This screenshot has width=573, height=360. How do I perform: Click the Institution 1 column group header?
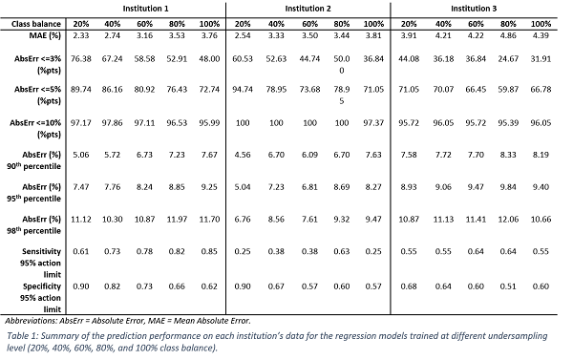(145, 9)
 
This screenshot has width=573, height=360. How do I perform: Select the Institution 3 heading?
(474, 9)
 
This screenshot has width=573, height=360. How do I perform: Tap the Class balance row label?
(36, 24)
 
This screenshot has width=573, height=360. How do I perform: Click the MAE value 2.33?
(81, 35)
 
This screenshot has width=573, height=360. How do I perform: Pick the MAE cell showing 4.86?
(508, 35)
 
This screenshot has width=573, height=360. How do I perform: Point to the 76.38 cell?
(81, 59)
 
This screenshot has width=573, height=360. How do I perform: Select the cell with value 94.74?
(243, 90)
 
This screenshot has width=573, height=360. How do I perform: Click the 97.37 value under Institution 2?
(373, 123)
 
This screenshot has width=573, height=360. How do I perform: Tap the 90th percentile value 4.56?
(243, 155)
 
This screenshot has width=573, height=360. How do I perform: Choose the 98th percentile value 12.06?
(508, 220)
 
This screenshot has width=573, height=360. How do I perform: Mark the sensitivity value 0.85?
(209, 251)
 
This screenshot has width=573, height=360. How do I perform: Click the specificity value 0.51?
(508, 286)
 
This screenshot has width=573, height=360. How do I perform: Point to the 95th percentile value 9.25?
(209, 187)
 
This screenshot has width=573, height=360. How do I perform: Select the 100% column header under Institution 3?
(541, 24)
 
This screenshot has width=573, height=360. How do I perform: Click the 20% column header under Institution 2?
(243, 24)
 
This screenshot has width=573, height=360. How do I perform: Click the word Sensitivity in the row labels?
(41, 251)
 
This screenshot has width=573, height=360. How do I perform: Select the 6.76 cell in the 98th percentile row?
(243, 220)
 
